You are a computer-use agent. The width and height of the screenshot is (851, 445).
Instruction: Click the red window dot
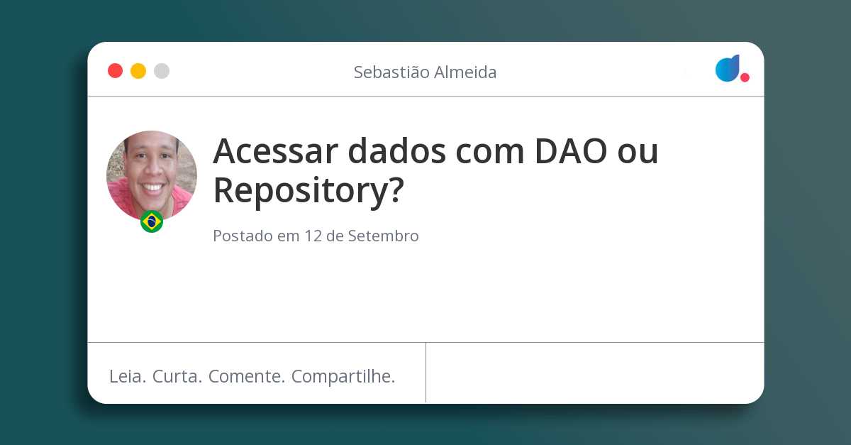click(115, 71)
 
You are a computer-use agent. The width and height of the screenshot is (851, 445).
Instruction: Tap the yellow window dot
click(138, 71)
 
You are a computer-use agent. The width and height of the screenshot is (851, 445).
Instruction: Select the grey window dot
click(162, 71)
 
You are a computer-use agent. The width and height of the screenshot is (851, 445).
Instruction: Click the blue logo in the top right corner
click(728, 68)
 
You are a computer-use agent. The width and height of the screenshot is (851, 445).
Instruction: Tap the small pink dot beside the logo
click(745, 77)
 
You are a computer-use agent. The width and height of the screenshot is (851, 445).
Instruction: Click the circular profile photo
click(152, 175)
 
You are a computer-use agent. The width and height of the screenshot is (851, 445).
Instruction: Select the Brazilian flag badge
click(152, 221)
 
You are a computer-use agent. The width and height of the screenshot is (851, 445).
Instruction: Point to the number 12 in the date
click(313, 236)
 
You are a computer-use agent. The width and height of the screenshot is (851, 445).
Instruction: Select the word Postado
click(243, 236)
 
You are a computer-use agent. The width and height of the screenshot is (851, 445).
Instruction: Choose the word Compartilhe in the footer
click(343, 376)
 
